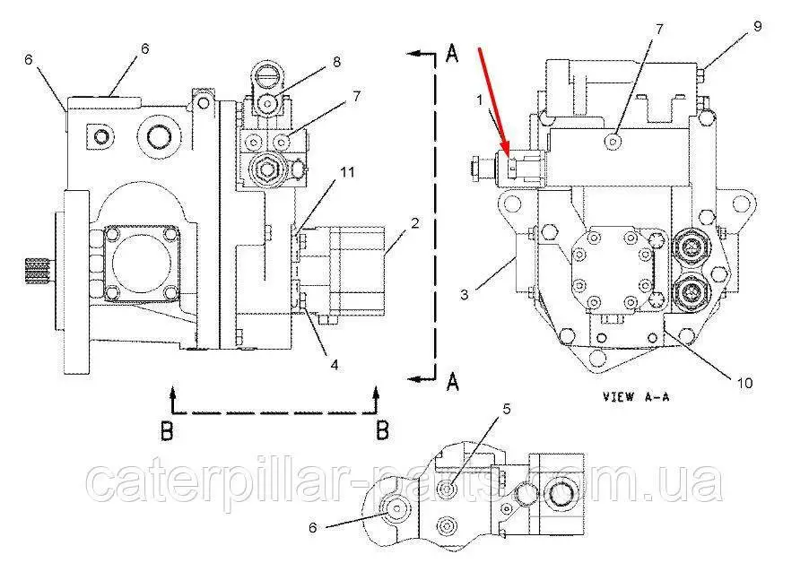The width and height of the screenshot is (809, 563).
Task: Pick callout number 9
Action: (x=757, y=27)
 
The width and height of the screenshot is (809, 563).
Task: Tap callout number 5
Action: (x=506, y=410)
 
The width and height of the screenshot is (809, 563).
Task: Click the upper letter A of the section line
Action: (x=453, y=55)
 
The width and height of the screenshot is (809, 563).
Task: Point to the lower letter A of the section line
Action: (x=453, y=384)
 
